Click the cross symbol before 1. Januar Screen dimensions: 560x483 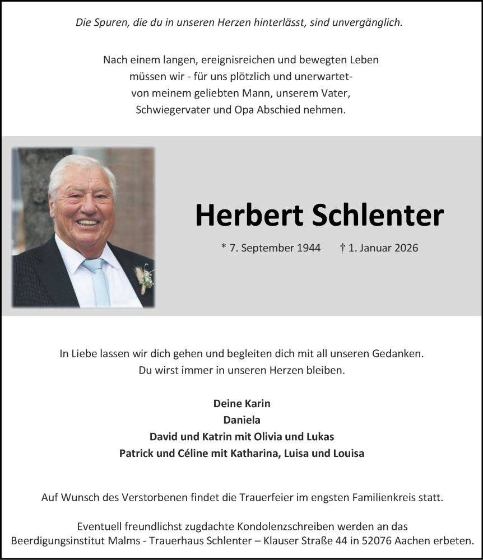342,247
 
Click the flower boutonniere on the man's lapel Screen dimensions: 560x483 145,277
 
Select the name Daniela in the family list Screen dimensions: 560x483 241,419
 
